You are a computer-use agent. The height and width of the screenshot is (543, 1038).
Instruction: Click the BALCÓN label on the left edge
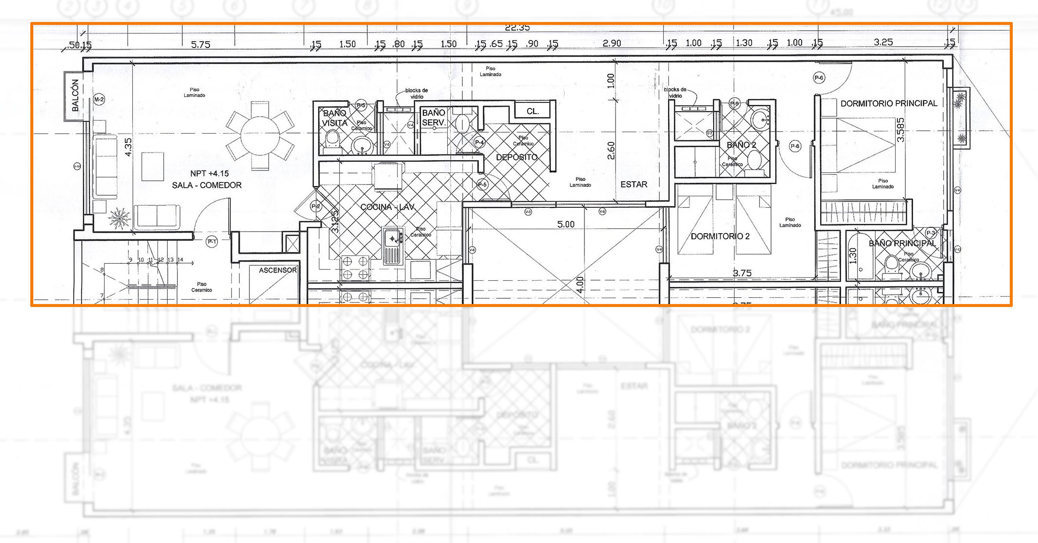point(75,96)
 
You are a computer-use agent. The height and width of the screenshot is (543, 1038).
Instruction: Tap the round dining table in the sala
point(260,135)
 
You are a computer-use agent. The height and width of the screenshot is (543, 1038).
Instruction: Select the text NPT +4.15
point(209,173)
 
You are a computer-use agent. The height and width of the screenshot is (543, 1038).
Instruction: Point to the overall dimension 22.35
point(517,28)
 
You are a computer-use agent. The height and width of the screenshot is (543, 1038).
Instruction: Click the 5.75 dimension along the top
point(200,45)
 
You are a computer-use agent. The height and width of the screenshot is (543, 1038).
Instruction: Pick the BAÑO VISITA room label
point(335,118)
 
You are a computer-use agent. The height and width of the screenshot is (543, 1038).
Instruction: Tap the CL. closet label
point(533,111)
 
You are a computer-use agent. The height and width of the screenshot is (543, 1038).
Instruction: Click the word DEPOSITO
point(516,157)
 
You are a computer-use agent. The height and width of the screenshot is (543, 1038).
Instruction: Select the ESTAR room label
point(633,185)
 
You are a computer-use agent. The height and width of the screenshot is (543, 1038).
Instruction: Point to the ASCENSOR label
point(278,270)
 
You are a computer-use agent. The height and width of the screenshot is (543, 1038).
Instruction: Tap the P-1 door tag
point(212,241)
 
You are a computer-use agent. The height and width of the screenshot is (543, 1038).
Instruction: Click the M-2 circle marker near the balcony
point(99,100)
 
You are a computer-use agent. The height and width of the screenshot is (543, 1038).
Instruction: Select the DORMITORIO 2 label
point(720,237)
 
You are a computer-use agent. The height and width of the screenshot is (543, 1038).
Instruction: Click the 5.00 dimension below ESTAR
point(565,224)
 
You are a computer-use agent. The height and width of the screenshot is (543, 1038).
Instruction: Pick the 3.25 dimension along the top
point(883,42)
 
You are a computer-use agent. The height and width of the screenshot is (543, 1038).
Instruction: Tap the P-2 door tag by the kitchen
point(316,206)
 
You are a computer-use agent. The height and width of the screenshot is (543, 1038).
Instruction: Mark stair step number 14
point(180,260)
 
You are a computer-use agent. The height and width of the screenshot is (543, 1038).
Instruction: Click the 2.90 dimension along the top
point(612,43)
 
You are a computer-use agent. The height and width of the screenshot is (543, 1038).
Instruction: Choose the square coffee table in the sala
point(153,167)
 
